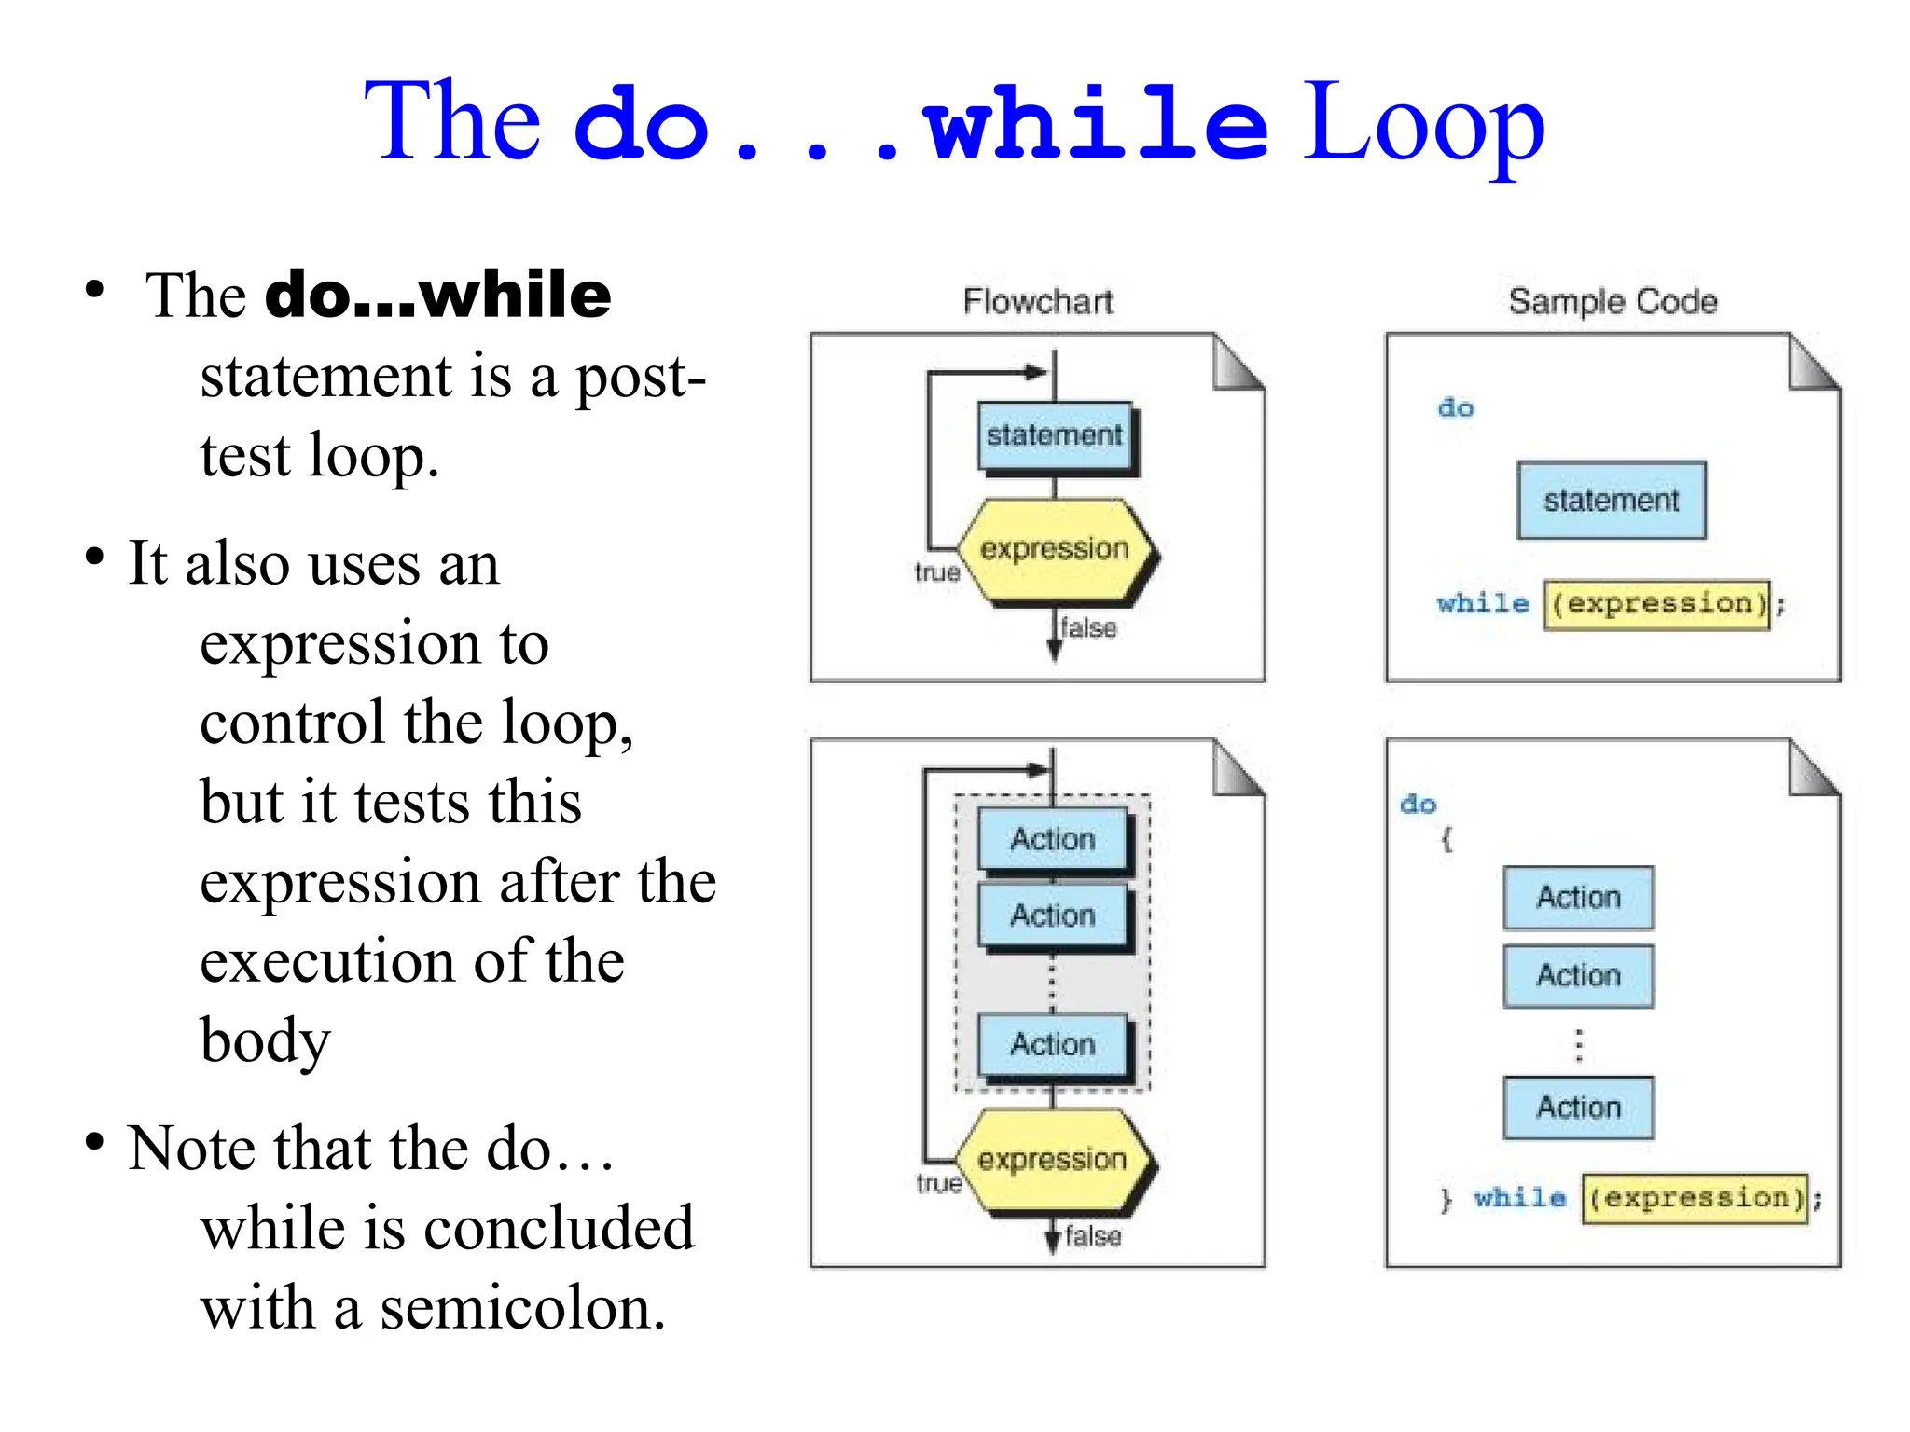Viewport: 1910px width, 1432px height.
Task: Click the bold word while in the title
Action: pos(1096,124)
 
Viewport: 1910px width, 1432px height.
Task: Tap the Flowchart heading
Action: pos(1037,301)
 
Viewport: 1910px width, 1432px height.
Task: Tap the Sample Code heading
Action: pos(1612,301)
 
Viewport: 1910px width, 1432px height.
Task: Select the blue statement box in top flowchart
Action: pos(1055,435)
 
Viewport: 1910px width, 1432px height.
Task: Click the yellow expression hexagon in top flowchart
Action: pos(1055,549)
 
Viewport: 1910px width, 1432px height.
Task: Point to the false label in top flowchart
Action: pos(1088,627)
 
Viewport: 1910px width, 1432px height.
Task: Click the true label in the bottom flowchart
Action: pos(938,1183)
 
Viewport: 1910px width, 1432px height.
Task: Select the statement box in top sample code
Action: pos(1611,501)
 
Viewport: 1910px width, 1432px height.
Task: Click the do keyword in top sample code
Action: pos(1455,407)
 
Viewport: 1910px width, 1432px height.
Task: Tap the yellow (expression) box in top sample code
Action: pos(1656,604)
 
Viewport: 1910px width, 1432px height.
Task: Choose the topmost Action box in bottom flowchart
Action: pos(1053,839)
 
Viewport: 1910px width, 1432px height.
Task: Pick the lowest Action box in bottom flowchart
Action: pos(1053,1044)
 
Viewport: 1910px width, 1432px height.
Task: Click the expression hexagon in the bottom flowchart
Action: pos(1052,1160)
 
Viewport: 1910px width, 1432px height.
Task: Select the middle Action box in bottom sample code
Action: pos(1578,975)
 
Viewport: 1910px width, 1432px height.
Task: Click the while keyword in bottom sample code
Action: pos(1519,1197)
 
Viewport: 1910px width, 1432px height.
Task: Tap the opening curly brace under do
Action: pos(1446,840)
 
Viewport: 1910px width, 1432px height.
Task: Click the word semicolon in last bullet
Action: pos(522,1307)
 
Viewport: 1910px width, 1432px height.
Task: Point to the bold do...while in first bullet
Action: pos(438,296)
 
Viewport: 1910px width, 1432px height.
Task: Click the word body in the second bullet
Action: pos(266,1040)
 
